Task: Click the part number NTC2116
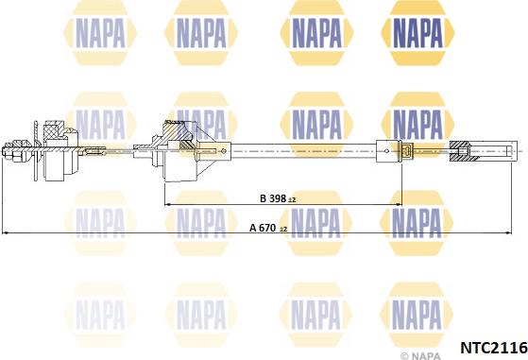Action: tap(493, 348)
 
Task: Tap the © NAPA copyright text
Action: tap(420, 355)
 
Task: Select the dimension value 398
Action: tap(278, 198)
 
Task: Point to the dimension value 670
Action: tap(267, 228)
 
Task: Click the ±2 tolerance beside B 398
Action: tap(292, 200)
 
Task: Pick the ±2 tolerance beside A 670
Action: tap(283, 230)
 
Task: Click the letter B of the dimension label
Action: tap(264, 198)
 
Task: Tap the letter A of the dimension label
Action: tap(253, 228)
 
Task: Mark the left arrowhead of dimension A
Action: tap(5, 232)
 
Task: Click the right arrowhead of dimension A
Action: tap(509, 232)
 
